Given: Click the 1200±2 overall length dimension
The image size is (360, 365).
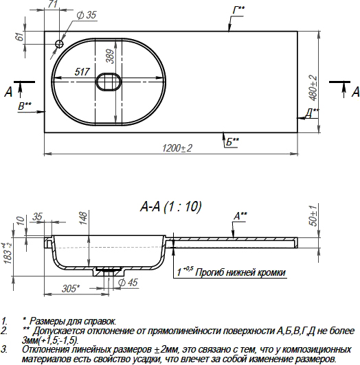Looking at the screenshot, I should click(177, 148).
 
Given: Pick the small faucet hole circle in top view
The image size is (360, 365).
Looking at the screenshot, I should click(60, 45).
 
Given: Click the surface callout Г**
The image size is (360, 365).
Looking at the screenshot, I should click(238, 10).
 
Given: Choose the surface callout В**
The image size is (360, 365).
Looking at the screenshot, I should click(25, 105).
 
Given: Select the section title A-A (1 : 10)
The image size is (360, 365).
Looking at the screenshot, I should click(171, 204).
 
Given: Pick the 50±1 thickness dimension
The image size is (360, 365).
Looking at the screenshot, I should click(313, 215).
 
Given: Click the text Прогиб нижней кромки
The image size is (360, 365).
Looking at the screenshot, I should click(240, 272).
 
